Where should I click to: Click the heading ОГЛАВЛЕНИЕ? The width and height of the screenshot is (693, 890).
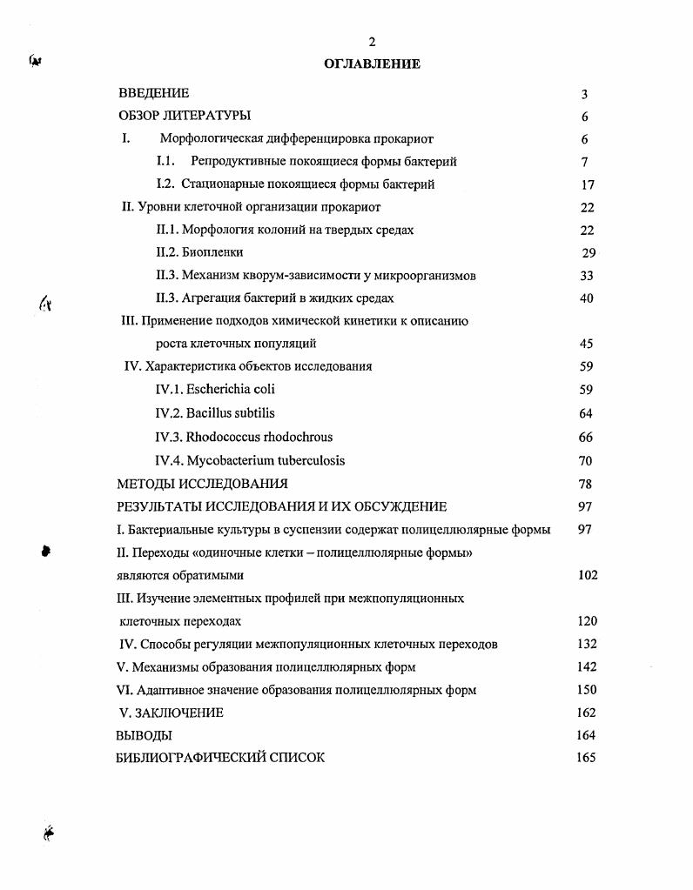pos(372,64)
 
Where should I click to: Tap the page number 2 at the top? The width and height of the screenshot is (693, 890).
pos(372,42)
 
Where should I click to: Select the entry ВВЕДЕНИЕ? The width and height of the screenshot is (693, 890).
pos(154,93)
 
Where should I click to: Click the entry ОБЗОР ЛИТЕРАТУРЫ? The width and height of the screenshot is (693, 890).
pos(185,116)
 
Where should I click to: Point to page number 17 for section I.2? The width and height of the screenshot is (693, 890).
pos(587,184)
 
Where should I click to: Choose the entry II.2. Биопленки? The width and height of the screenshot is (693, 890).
pos(199,252)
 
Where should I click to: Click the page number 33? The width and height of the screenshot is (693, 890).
pos(586,276)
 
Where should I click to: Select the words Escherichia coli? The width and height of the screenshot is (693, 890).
pos(230,389)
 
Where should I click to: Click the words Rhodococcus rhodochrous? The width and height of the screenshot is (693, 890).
pos(259,437)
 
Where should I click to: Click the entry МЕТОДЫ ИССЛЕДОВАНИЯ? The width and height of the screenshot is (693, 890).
pos(202,484)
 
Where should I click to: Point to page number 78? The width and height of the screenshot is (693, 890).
pos(586,484)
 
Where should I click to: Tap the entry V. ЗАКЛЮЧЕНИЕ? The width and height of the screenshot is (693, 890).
pos(171,713)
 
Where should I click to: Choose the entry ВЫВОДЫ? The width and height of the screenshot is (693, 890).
pos(144,735)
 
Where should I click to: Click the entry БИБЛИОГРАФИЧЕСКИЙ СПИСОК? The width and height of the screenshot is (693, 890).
pos(220,758)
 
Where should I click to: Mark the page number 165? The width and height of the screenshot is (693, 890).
pos(586,758)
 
